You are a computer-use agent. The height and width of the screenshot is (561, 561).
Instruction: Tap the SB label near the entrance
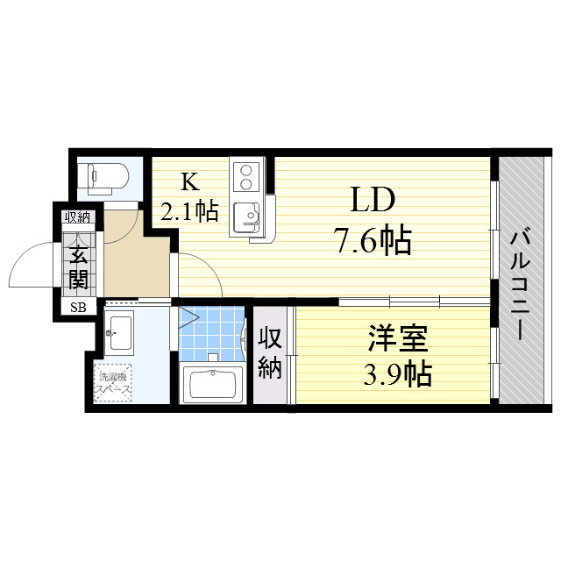pos(79,307)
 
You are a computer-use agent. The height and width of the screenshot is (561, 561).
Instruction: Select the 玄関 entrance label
pos(79,266)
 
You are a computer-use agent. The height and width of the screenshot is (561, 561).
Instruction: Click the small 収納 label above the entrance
pos(76,217)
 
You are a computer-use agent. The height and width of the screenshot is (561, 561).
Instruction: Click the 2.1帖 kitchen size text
pos(188,210)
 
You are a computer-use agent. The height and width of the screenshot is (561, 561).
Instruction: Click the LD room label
pos(372,201)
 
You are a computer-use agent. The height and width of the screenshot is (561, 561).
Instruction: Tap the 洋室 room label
pos(396,337)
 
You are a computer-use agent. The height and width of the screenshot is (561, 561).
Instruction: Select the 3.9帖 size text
pos(396,374)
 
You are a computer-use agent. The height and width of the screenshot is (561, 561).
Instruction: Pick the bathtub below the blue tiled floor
pos(212,384)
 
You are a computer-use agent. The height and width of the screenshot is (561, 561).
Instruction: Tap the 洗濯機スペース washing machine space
pos(114,383)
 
